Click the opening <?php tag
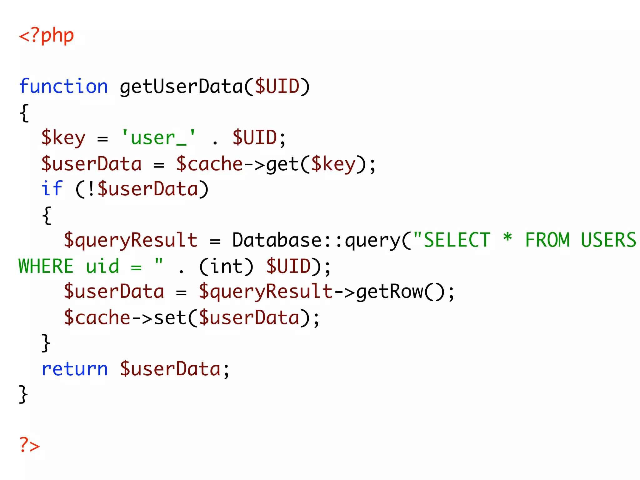click(46, 36)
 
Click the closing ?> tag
click(29, 445)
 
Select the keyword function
click(63, 87)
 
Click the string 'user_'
click(158, 137)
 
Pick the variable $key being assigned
click(63, 137)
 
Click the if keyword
click(52, 189)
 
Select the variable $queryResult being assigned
click(131, 240)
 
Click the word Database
click(277, 240)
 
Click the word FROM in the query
click(547, 240)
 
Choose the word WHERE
click(46, 266)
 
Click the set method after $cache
click(170, 317)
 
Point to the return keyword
click(75, 369)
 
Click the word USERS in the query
click(608, 240)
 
